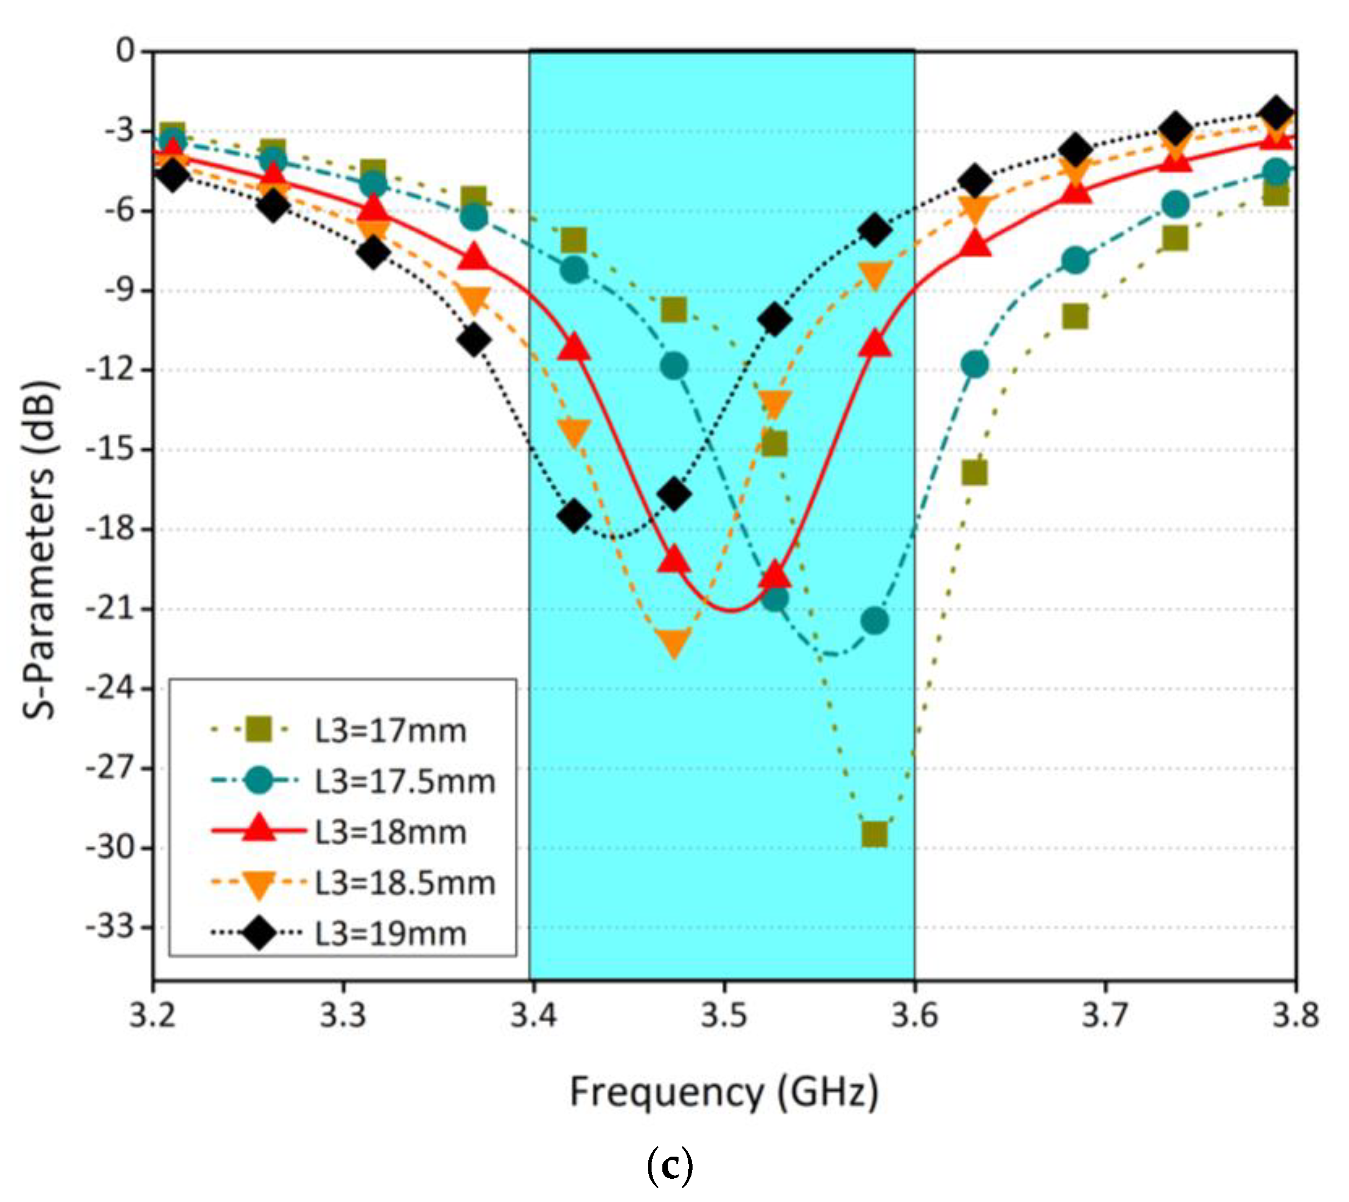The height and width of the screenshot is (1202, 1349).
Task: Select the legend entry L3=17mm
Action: (390, 731)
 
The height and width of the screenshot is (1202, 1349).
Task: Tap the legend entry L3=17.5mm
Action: (404, 782)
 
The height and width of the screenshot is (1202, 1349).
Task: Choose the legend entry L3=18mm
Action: (390, 833)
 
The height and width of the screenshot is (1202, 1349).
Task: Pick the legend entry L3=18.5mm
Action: (404, 883)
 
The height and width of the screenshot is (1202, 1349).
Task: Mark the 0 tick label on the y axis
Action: (125, 51)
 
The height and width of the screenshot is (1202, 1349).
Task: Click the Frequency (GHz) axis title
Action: (724, 1092)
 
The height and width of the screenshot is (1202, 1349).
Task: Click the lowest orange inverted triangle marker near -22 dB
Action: (674, 643)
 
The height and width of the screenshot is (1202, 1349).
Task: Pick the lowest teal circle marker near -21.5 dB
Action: (875, 620)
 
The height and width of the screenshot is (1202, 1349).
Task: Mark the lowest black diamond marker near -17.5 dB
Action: (574, 516)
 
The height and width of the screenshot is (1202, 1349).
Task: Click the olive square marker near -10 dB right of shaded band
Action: (1075, 316)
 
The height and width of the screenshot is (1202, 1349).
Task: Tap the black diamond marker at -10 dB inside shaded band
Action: (775, 320)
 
